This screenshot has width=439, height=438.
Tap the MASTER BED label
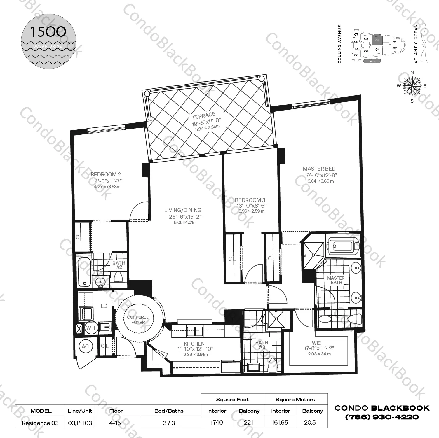(x=319, y=169)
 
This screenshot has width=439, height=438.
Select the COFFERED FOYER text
(x=138, y=320)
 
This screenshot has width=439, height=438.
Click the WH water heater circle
(x=90, y=328)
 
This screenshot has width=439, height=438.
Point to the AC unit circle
(x=85, y=346)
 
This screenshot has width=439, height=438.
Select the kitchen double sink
(x=195, y=332)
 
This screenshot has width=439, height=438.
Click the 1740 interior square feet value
(x=217, y=422)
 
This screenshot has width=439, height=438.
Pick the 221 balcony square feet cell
(x=249, y=422)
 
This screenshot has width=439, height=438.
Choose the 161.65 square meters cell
(x=280, y=422)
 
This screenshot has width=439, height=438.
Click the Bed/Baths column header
(x=169, y=411)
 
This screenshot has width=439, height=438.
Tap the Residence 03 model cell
(x=40, y=423)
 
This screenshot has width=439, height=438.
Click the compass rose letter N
(x=412, y=73)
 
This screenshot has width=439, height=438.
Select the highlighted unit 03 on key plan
(x=377, y=40)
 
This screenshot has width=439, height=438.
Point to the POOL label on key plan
(x=372, y=61)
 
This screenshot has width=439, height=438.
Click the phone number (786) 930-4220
(x=382, y=417)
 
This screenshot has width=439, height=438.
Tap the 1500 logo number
(x=48, y=32)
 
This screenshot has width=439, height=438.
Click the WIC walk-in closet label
(x=316, y=343)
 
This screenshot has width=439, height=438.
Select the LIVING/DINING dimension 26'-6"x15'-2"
(x=185, y=217)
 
